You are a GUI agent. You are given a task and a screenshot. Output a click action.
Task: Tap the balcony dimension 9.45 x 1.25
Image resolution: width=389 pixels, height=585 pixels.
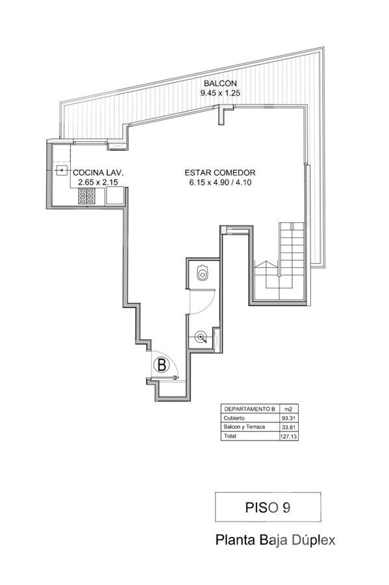pyautogui.click(x=220, y=93)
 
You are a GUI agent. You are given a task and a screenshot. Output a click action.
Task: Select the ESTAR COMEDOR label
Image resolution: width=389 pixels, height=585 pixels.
pyautogui.click(x=220, y=173)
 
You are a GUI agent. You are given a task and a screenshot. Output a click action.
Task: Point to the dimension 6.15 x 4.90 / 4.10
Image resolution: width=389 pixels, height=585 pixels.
pyautogui.click(x=220, y=183)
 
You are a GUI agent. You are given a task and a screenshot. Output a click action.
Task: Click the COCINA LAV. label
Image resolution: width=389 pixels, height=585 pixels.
pyautogui.click(x=98, y=173)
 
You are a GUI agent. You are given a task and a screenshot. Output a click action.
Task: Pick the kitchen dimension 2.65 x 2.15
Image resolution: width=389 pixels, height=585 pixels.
pyautogui.click(x=98, y=183)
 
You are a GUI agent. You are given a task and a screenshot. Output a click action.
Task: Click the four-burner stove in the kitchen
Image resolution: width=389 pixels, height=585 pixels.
pyautogui.click(x=86, y=196)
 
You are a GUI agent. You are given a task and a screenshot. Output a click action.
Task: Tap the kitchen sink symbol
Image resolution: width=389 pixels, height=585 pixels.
pyautogui.click(x=62, y=170)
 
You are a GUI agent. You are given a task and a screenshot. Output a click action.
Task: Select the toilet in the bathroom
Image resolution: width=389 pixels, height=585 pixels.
pyautogui.click(x=203, y=272)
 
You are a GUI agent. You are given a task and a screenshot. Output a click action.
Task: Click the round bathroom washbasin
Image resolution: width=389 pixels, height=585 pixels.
pyautogui.click(x=201, y=337)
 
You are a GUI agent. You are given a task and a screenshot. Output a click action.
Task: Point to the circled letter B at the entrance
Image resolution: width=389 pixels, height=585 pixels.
pyautogui.click(x=162, y=365)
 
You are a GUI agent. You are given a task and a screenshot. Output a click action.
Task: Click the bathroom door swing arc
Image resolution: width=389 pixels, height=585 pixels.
pyautogui.click(x=208, y=306)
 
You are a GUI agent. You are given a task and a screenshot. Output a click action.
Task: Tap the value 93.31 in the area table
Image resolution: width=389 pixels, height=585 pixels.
pyautogui.click(x=289, y=418)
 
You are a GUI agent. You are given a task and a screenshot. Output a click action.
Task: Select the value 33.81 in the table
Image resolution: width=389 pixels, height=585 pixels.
pyautogui.click(x=289, y=427)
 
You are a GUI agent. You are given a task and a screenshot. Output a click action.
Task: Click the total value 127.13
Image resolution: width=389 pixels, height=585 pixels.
pyautogui.click(x=289, y=436)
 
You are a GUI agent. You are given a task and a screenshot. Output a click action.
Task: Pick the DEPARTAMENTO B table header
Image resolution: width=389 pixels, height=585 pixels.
pyautogui.click(x=249, y=409)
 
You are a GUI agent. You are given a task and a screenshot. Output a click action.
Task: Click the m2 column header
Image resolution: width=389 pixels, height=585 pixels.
pyautogui.click(x=288, y=409)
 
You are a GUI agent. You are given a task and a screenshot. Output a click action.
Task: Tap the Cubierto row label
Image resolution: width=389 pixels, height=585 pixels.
pyautogui.click(x=234, y=418)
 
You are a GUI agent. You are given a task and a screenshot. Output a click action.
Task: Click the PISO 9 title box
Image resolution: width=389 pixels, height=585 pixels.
pyautogui.click(x=268, y=507)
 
